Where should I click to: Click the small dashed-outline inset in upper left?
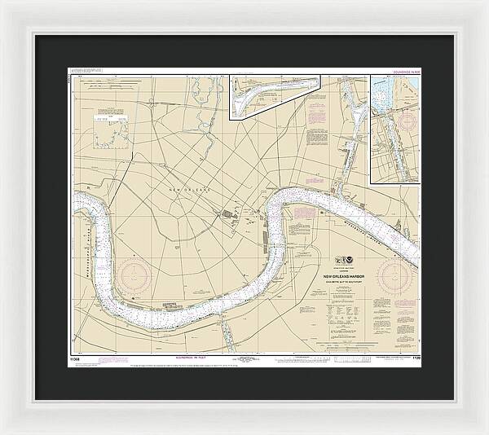point(112,130)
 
